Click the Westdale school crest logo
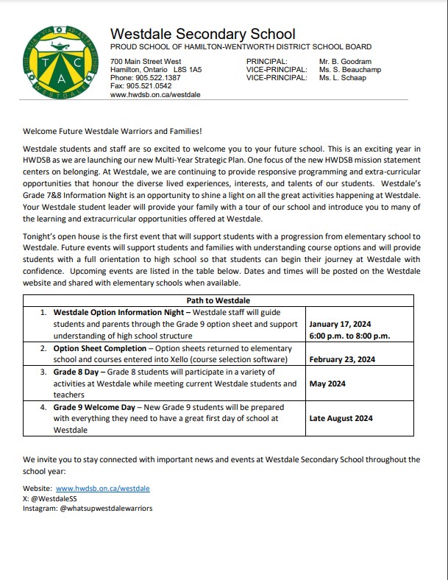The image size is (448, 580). tap(57, 63)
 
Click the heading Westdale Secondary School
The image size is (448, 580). tap(202, 34)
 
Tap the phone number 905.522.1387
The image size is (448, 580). tap(157, 77)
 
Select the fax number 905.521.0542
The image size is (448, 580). tap(150, 86)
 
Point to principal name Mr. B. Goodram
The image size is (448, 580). tap(345, 61)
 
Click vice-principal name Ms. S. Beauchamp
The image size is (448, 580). tap(352, 69)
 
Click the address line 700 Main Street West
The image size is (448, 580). tap(146, 61)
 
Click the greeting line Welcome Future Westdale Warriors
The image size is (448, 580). tap(112, 132)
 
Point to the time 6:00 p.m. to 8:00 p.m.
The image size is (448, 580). tap(349, 336)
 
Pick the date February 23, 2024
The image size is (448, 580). tap(343, 359)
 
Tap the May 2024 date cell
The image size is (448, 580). tap(327, 383)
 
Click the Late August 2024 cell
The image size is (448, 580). tap(341, 418)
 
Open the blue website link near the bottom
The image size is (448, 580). tap(102, 488)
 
